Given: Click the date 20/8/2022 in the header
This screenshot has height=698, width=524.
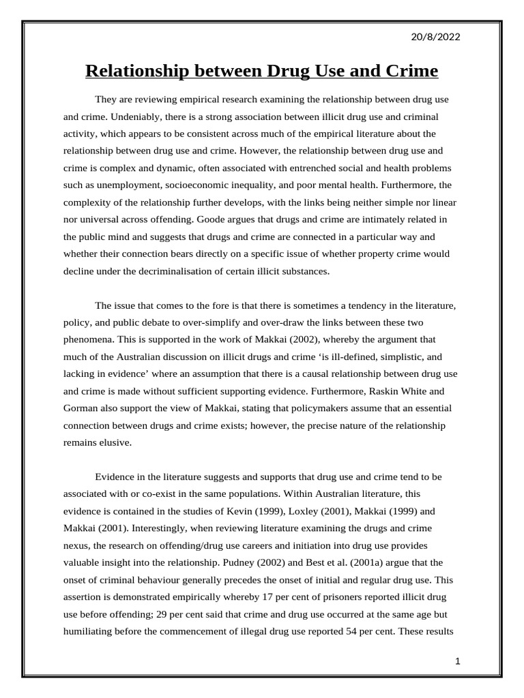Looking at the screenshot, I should tap(436, 37).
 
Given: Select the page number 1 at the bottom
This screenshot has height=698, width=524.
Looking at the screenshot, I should tap(458, 661).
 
